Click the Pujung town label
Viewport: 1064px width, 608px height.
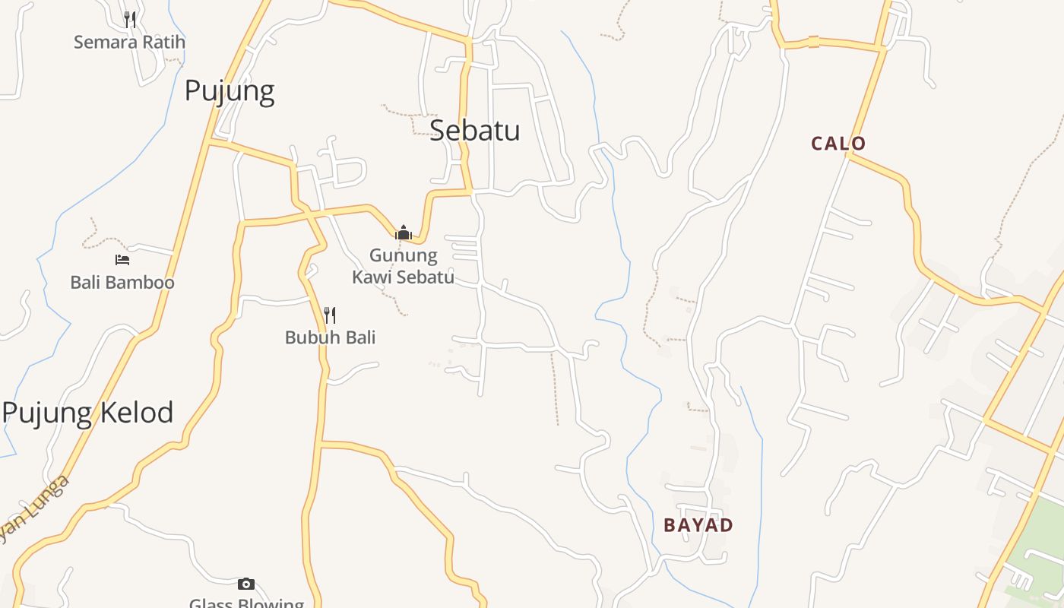point(230,91)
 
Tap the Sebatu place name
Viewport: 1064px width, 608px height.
point(474,130)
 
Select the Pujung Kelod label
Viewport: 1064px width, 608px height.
point(88,413)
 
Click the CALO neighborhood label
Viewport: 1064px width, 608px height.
point(838,144)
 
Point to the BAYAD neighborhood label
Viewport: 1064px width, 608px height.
point(698,525)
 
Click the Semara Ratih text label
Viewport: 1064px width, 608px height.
point(129,42)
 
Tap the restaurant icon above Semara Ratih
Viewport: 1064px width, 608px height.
point(130,19)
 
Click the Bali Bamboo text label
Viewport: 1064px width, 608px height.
point(122,283)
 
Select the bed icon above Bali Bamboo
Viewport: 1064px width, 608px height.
point(122,260)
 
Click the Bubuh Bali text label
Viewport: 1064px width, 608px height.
point(330,337)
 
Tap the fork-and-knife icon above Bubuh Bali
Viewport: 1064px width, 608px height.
point(330,315)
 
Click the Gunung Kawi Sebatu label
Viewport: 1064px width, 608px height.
point(403,266)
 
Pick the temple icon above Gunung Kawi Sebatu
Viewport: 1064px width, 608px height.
point(404,233)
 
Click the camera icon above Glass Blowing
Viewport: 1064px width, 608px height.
point(245,584)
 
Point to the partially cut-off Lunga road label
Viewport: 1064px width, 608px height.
point(34,509)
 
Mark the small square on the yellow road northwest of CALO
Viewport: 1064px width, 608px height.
point(813,42)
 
